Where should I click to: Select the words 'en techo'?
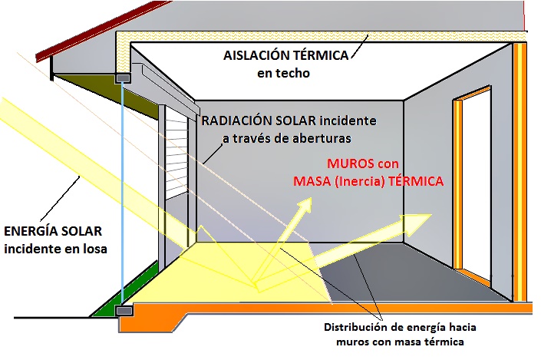tap(284, 73)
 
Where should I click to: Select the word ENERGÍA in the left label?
tap(31, 231)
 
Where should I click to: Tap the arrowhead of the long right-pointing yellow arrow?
tap(415, 223)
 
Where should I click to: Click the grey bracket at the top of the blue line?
tap(123, 78)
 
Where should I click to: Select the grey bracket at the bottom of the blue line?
tap(124, 311)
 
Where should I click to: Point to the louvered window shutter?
tap(176, 154)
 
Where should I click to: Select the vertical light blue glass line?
tap(122, 194)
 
